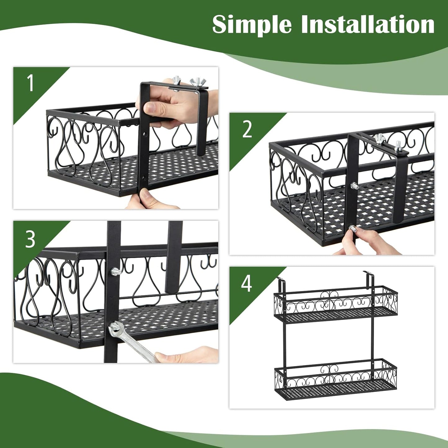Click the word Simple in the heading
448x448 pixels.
pyautogui.click(x=252, y=25)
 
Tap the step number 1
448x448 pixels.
pyautogui.click(x=30, y=83)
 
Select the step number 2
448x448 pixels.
pyautogui.click(x=247, y=129)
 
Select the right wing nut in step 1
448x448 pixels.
pyautogui.click(x=196, y=82)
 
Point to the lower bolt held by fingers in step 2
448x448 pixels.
pyautogui.click(x=353, y=229)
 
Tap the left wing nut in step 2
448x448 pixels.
pyautogui.click(x=379, y=139)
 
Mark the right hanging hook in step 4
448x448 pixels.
pyautogui.click(x=368, y=274)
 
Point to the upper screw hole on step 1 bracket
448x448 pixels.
pyautogui.click(x=144, y=135)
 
